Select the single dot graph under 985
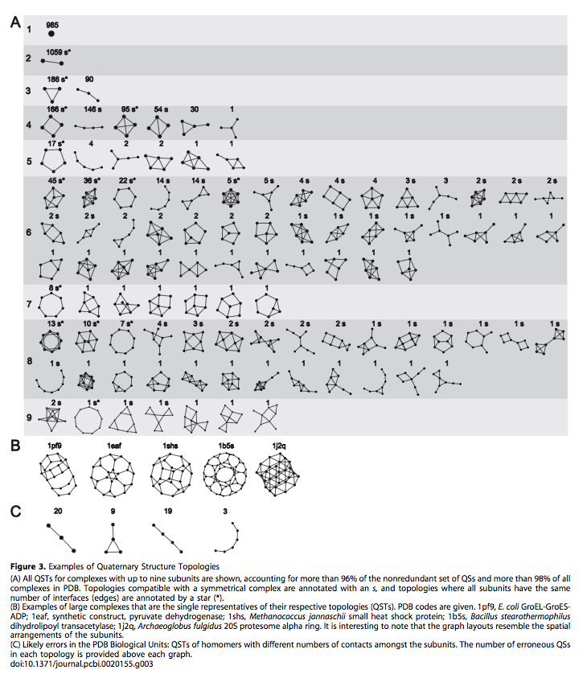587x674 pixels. click(x=52, y=35)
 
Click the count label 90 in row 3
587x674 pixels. click(x=89, y=79)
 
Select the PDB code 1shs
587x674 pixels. click(x=170, y=445)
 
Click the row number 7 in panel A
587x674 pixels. click(x=29, y=304)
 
